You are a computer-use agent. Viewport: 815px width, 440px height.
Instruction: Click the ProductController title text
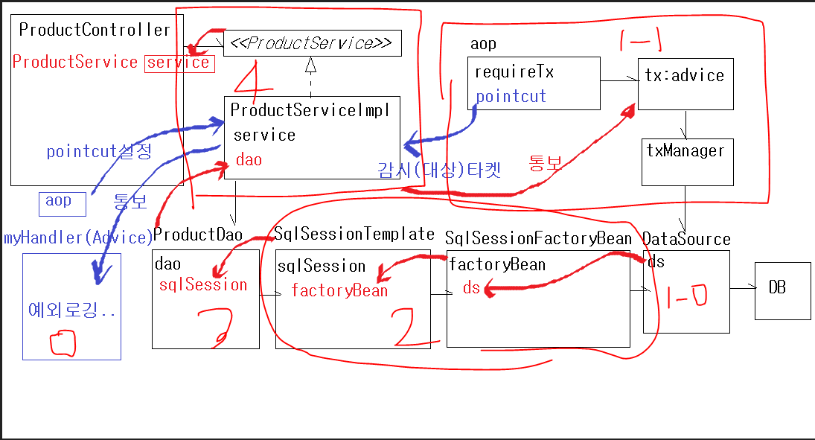pos(95,30)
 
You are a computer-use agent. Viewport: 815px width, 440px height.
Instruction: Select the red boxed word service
pos(179,63)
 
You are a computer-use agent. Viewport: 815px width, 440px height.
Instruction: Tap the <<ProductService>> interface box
pos(312,43)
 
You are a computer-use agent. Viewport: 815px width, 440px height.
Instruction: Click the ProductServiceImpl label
pos(310,110)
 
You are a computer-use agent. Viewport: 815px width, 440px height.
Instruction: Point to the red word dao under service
pos(249,159)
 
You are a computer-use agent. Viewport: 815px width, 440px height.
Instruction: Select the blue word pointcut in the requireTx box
pos(511,96)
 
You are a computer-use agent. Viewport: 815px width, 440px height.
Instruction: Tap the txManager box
pos(687,161)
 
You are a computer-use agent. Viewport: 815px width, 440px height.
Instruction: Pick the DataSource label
pos(686,239)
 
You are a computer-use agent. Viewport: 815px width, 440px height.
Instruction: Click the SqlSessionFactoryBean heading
pos(538,239)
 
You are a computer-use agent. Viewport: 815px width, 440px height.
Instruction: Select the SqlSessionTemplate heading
pos(354,234)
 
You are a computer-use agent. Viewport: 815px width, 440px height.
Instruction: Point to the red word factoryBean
pos(339,290)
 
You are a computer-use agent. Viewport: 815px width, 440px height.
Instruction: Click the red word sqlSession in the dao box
pos(203,284)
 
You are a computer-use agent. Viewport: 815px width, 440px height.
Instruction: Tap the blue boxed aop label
pos(60,201)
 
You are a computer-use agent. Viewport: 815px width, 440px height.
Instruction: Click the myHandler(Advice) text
pos(77,237)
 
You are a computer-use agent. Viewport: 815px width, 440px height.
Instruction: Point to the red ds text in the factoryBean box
pos(471,288)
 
